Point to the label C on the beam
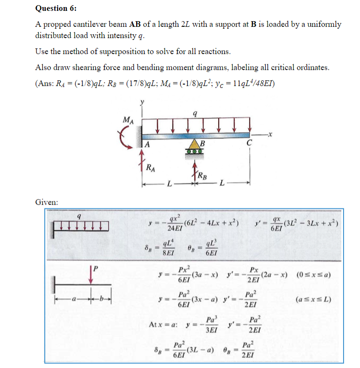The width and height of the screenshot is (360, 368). tap(249, 145)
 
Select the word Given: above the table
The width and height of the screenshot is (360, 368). tap(47, 202)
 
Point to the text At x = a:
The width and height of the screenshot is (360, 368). tap(163, 324)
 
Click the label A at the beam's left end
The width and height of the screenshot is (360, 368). tap(147, 145)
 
